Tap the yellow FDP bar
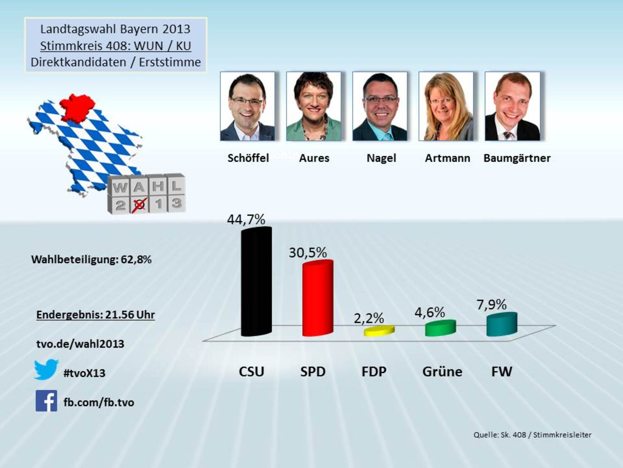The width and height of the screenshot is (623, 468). (x=379, y=331)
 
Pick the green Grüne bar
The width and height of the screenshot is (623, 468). (x=440, y=328)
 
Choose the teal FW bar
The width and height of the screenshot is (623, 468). (x=502, y=324)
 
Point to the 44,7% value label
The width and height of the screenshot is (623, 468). (x=246, y=219)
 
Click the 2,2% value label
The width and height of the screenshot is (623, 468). (x=369, y=318)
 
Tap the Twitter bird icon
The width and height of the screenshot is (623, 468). (x=46, y=369)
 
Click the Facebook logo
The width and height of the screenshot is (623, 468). (x=46, y=401)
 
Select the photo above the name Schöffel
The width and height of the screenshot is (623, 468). (x=248, y=106)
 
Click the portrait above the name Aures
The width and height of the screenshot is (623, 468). (x=314, y=106)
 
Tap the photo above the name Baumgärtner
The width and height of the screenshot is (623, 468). (x=512, y=106)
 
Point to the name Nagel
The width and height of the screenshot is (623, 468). (x=381, y=158)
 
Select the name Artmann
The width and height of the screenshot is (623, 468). (x=447, y=158)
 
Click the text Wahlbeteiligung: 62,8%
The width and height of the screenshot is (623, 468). (x=91, y=259)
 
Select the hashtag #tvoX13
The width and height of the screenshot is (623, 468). (x=84, y=373)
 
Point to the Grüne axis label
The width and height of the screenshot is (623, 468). (x=442, y=372)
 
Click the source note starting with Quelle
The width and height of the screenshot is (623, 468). (x=532, y=435)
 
